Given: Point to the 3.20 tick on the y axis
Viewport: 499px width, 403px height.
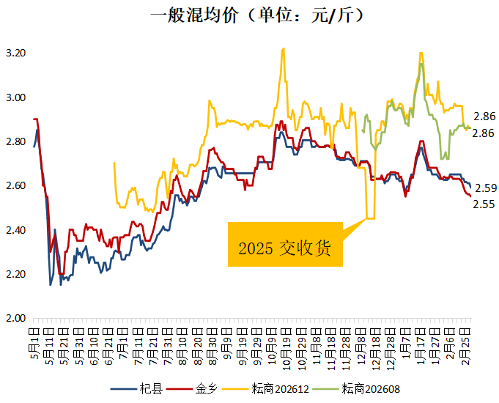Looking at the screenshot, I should click(x=16, y=53).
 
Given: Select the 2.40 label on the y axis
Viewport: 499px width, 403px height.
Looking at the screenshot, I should click(x=16, y=230).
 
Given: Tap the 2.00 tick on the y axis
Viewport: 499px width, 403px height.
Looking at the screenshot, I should click(x=16, y=318).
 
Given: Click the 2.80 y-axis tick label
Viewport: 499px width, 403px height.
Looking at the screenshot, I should click(x=16, y=141).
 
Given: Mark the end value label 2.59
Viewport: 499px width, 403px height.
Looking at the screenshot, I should click(x=484, y=188).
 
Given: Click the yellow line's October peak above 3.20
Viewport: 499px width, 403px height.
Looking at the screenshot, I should click(x=283, y=49).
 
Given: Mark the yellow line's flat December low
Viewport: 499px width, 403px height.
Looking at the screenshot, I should click(x=370, y=218).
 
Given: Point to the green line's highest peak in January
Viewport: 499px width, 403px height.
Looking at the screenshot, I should click(x=421, y=64).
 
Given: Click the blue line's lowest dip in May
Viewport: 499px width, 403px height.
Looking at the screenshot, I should click(x=51, y=284).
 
